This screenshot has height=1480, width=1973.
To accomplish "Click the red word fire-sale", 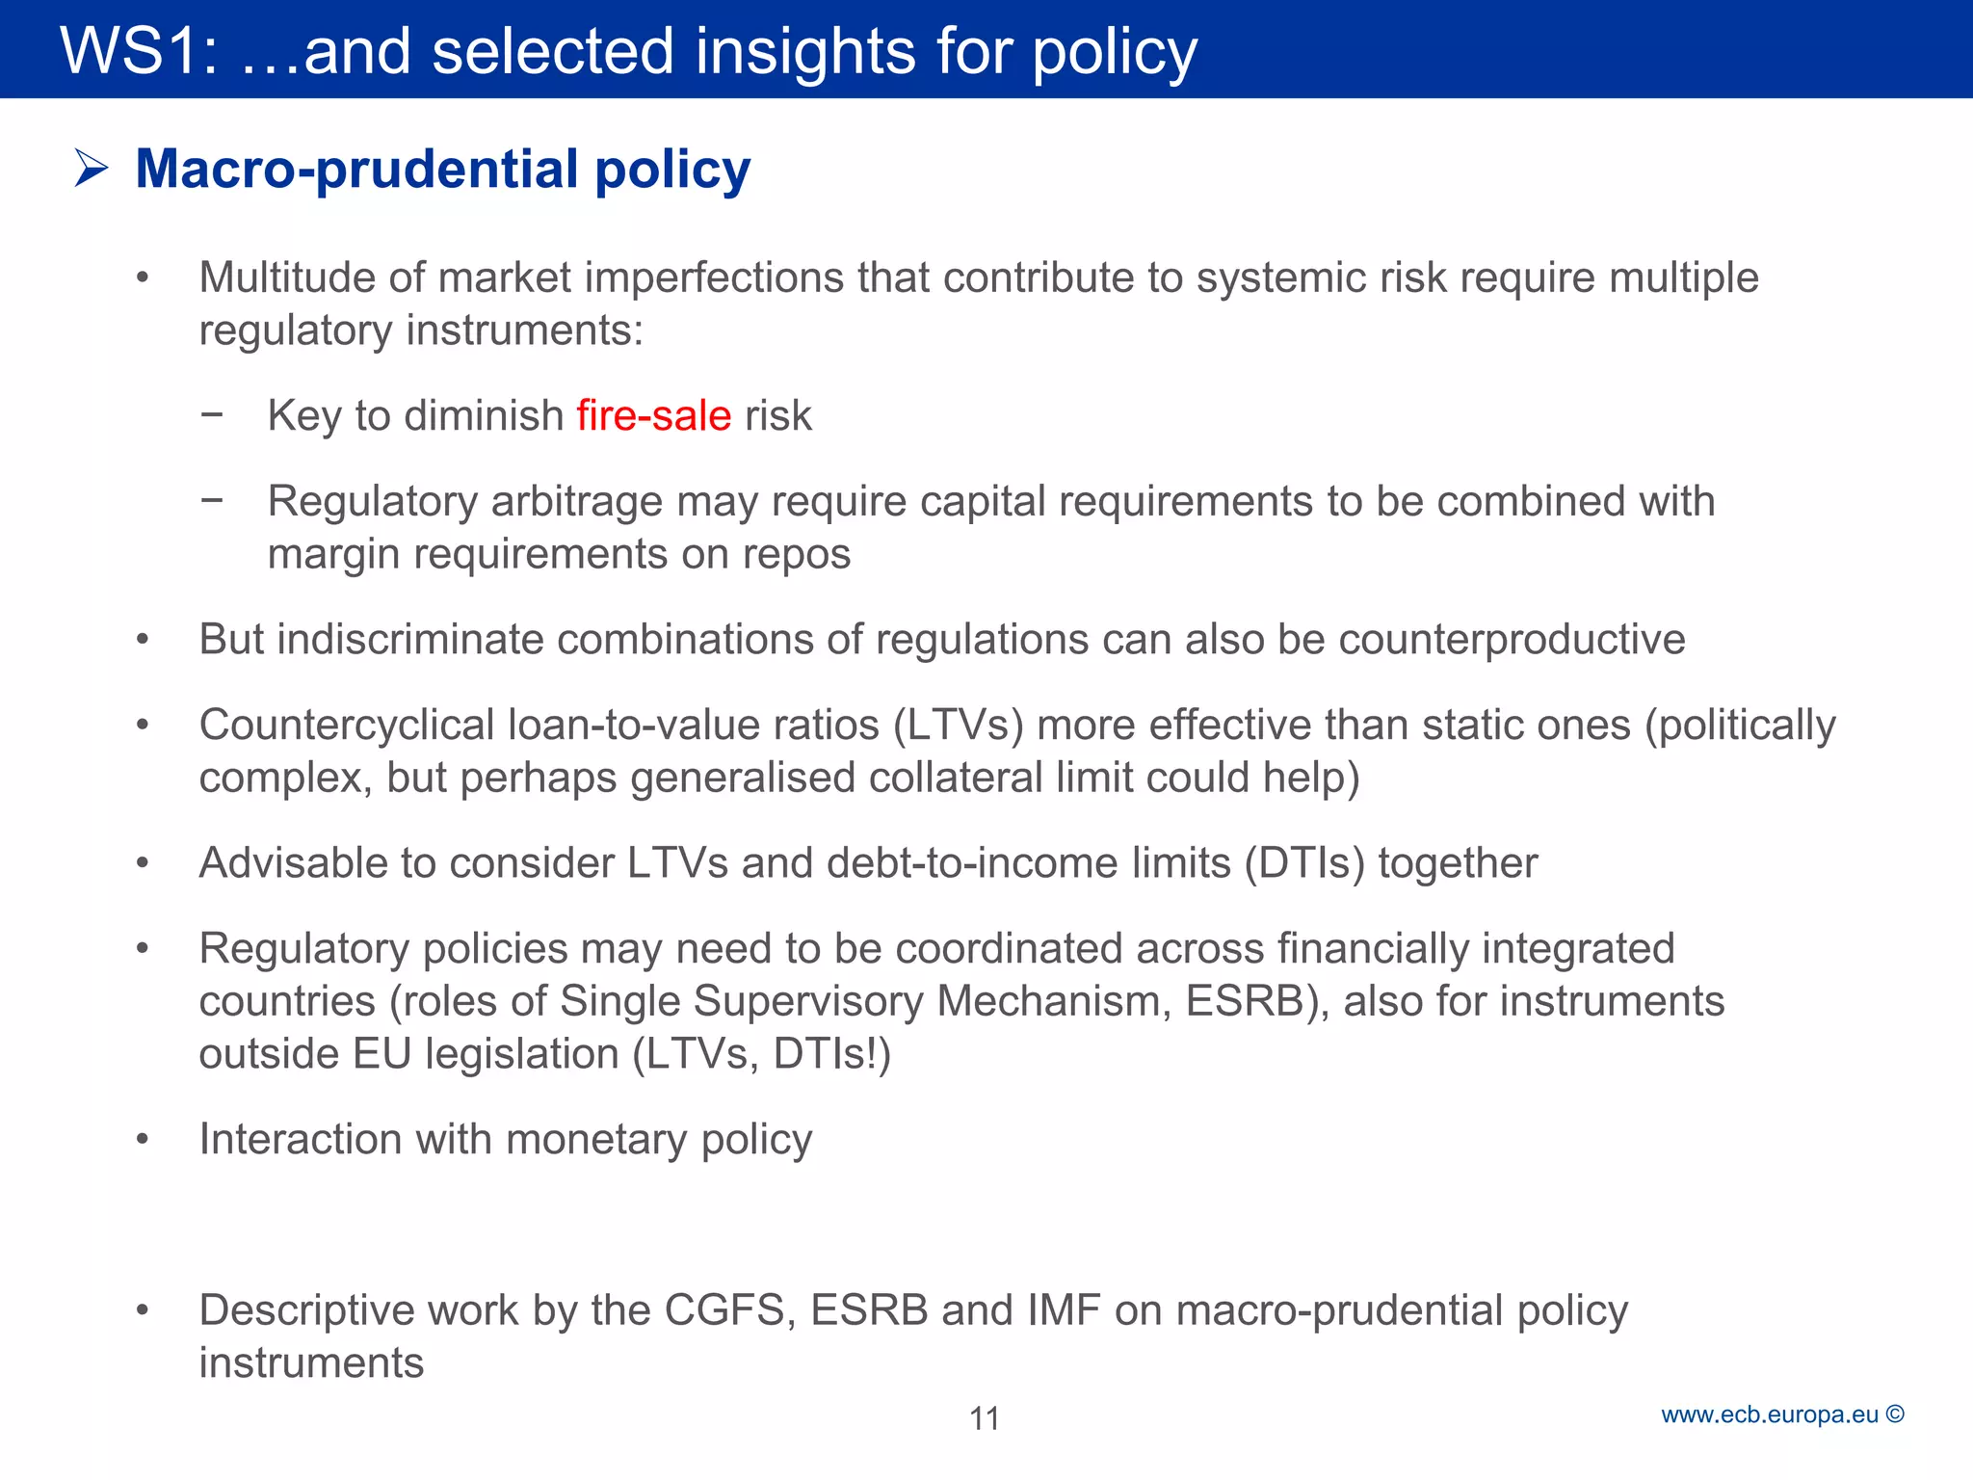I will [654, 416].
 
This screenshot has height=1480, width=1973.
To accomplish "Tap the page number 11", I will [985, 1418].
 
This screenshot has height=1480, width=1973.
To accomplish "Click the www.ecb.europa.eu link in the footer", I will [1770, 1414].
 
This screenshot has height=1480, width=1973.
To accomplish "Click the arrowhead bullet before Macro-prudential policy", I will [92, 170].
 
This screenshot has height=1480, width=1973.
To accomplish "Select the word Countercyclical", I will [346, 726].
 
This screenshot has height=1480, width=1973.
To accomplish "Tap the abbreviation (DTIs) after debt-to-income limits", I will [1304, 863].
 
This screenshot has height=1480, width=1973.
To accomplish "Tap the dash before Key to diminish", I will [212, 414].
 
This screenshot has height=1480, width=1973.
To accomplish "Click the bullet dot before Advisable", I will [143, 863].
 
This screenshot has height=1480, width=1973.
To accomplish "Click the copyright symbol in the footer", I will [1895, 1414].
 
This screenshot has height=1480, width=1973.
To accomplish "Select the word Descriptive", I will [306, 1310].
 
